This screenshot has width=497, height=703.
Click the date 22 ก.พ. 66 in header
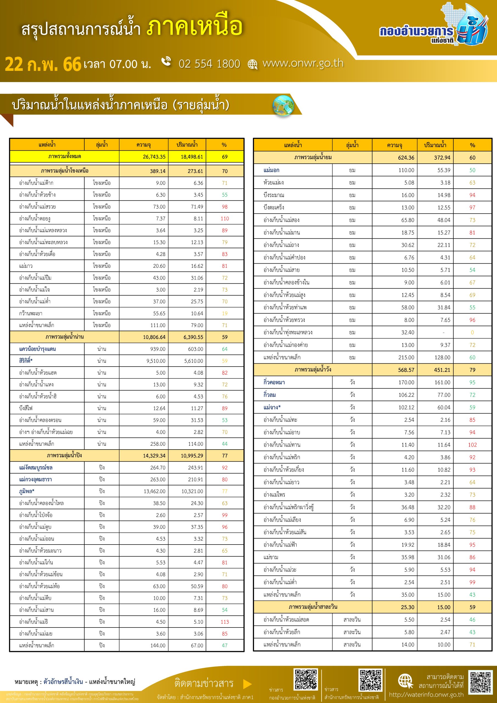click(x=43, y=64)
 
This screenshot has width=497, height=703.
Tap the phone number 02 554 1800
click(x=209, y=64)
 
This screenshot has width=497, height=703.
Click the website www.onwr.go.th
click(x=303, y=63)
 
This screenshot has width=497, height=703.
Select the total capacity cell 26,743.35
click(x=154, y=157)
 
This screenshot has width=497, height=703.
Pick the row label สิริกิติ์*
click(x=26, y=361)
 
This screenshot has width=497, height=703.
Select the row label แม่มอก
click(x=271, y=170)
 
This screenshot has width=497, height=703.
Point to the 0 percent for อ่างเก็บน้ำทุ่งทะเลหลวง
click(x=472, y=333)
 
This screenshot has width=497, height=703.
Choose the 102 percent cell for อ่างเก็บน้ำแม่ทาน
click(x=472, y=445)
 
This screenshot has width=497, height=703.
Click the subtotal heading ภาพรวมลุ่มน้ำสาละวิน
click(x=313, y=607)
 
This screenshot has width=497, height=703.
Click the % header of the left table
click(x=224, y=145)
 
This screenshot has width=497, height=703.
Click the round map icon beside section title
click(x=283, y=106)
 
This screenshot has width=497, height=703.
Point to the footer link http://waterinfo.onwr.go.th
click(x=426, y=695)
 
